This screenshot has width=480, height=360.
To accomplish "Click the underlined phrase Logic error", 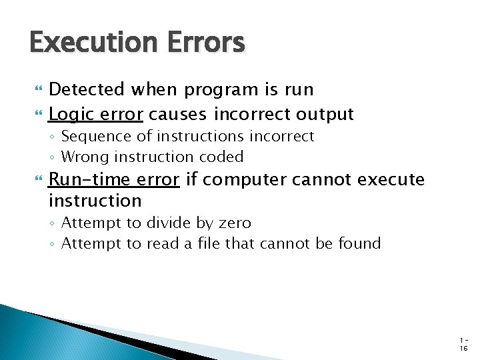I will (x=96, y=114).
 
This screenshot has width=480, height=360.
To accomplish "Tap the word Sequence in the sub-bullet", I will (x=93, y=137).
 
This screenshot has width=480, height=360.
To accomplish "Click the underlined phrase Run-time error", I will (x=114, y=179).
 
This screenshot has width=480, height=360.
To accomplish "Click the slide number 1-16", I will (x=463, y=344).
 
